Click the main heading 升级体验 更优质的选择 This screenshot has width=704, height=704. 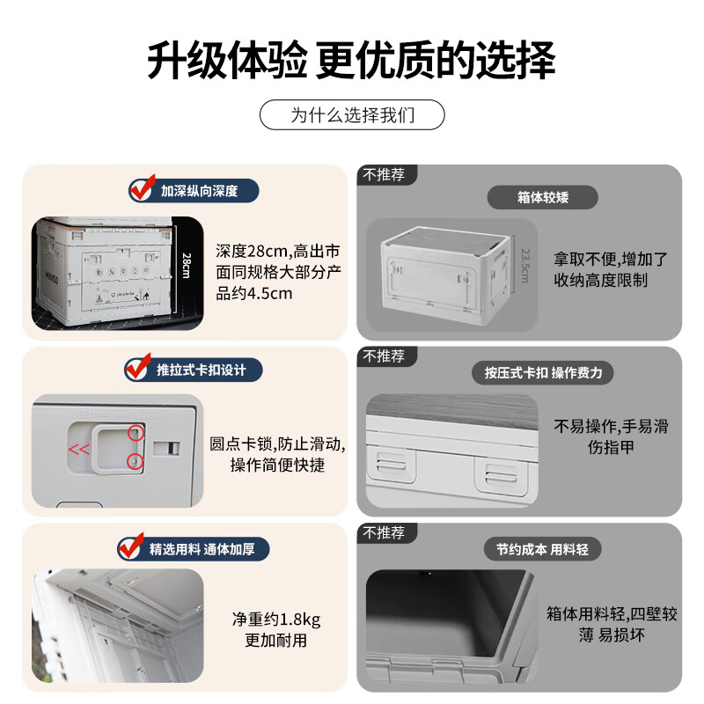tap(351, 62)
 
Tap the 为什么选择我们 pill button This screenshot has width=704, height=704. tap(352, 115)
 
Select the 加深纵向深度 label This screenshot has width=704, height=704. tap(198, 189)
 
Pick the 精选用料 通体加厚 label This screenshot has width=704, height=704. tap(202, 550)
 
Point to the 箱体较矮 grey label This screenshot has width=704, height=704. tap(543, 197)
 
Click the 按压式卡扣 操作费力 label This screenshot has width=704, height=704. tap(543, 372)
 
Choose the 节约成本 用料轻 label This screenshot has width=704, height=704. tap(543, 549)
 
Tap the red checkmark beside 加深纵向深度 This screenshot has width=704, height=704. tap(140, 188)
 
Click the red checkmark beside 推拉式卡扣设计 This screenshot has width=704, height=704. tap(137, 368)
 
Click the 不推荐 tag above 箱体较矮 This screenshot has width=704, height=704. tap(384, 174)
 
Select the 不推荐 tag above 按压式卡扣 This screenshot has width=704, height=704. tap(384, 356)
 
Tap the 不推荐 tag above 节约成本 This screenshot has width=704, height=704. tap(384, 532)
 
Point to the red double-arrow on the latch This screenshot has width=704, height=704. tap(78, 448)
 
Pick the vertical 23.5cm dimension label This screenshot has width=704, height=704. tap(524, 264)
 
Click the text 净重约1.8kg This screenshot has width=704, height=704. tap(276, 619)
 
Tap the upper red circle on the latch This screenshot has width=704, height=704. tap(136, 432)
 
